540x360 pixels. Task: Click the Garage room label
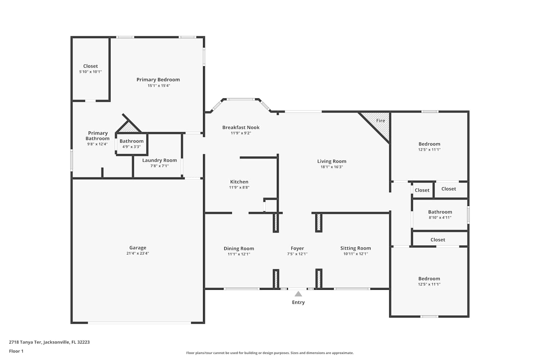[x=138, y=248]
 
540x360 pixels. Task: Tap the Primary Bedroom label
[x=158, y=80]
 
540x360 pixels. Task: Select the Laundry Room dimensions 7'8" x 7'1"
[x=159, y=166]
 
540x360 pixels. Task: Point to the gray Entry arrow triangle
[x=298, y=294]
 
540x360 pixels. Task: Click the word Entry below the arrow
[x=298, y=302]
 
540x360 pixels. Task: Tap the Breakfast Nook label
[x=241, y=127]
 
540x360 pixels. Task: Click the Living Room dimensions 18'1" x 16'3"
[x=332, y=167]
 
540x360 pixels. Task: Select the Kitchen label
[x=239, y=182]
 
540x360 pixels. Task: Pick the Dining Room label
[x=239, y=249]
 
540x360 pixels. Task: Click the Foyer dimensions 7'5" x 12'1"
[x=297, y=254]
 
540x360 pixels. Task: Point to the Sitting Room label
[x=356, y=248]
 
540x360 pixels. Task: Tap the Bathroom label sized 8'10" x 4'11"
[x=440, y=212]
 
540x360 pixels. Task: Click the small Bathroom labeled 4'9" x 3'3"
[x=131, y=141]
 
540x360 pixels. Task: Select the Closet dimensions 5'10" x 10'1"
[x=90, y=72]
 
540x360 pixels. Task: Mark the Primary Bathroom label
[x=98, y=136]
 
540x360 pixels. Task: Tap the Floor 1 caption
[x=16, y=351]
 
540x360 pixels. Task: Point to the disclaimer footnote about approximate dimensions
[x=270, y=353]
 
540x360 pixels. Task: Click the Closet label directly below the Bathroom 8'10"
[x=438, y=240]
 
